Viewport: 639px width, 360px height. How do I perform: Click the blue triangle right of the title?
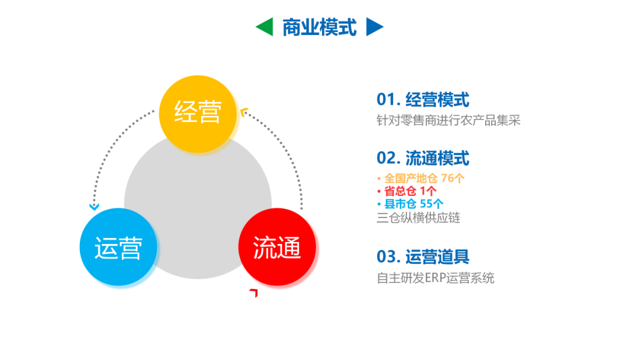374,27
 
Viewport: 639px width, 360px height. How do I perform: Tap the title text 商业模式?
319,27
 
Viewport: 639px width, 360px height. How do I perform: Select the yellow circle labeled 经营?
198,113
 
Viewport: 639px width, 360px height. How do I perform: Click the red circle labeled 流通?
277,247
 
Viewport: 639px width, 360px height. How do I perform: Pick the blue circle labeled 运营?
118,247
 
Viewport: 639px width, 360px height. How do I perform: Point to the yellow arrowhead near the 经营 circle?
244,110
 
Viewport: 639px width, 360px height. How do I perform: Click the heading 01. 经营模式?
422,99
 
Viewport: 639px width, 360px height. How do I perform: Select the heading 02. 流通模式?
422,158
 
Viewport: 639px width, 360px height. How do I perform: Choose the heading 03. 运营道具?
422,256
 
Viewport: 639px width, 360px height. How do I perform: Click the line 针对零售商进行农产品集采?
448,120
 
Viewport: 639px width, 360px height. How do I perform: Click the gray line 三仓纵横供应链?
418,217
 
